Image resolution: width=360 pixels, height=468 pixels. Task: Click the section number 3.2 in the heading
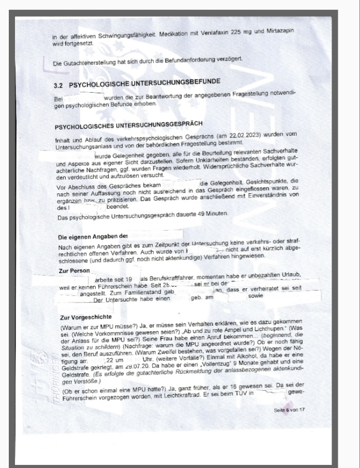(x=59, y=83)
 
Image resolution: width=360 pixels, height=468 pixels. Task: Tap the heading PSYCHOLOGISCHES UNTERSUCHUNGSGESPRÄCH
(x=128, y=125)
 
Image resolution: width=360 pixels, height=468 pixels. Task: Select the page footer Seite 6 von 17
(x=291, y=409)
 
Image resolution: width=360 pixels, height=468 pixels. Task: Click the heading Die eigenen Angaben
(x=92, y=237)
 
